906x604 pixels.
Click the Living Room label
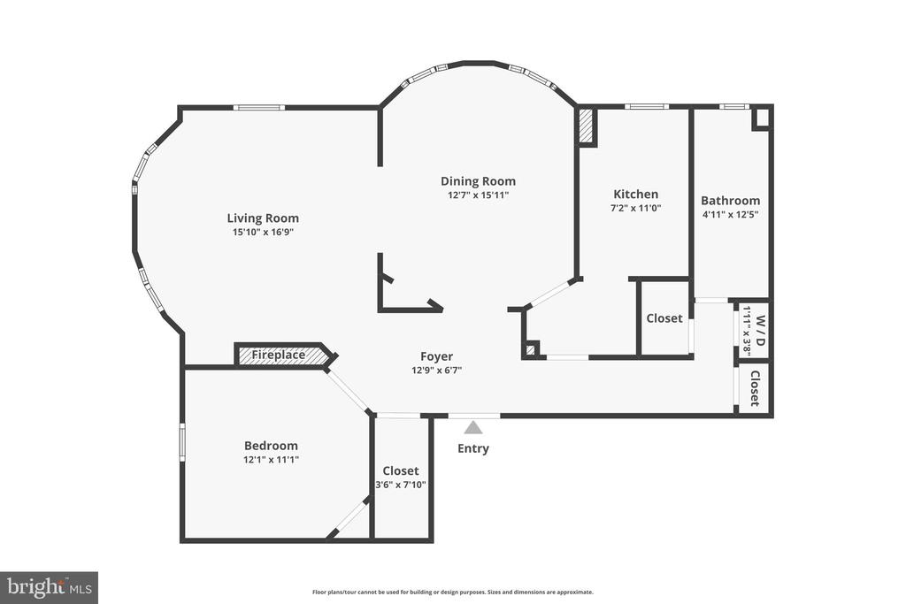click(263, 218)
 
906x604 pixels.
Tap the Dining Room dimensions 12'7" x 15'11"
click(478, 195)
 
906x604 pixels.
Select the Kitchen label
click(635, 194)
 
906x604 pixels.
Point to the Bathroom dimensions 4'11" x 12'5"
click(730, 215)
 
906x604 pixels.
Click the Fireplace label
click(278, 355)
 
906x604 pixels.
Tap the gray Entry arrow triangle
click(474, 427)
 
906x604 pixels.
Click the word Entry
click(473, 448)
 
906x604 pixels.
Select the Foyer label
click(437, 357)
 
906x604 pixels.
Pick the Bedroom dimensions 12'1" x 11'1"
click(271, 460)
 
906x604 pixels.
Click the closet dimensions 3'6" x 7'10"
click(401, 485)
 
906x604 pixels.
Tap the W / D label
click(760, 330)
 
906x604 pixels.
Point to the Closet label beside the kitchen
click(664, 318)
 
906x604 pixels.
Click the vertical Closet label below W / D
click(755, 388)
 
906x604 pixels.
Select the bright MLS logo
click(50, 588)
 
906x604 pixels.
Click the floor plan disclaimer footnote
click(453, 592)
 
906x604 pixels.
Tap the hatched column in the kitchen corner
click(587, 126)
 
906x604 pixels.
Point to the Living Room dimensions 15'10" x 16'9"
click(263, 233)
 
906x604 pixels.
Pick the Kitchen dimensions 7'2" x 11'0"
click(635, 209)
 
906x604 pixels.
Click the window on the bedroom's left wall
click(182, 442)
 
